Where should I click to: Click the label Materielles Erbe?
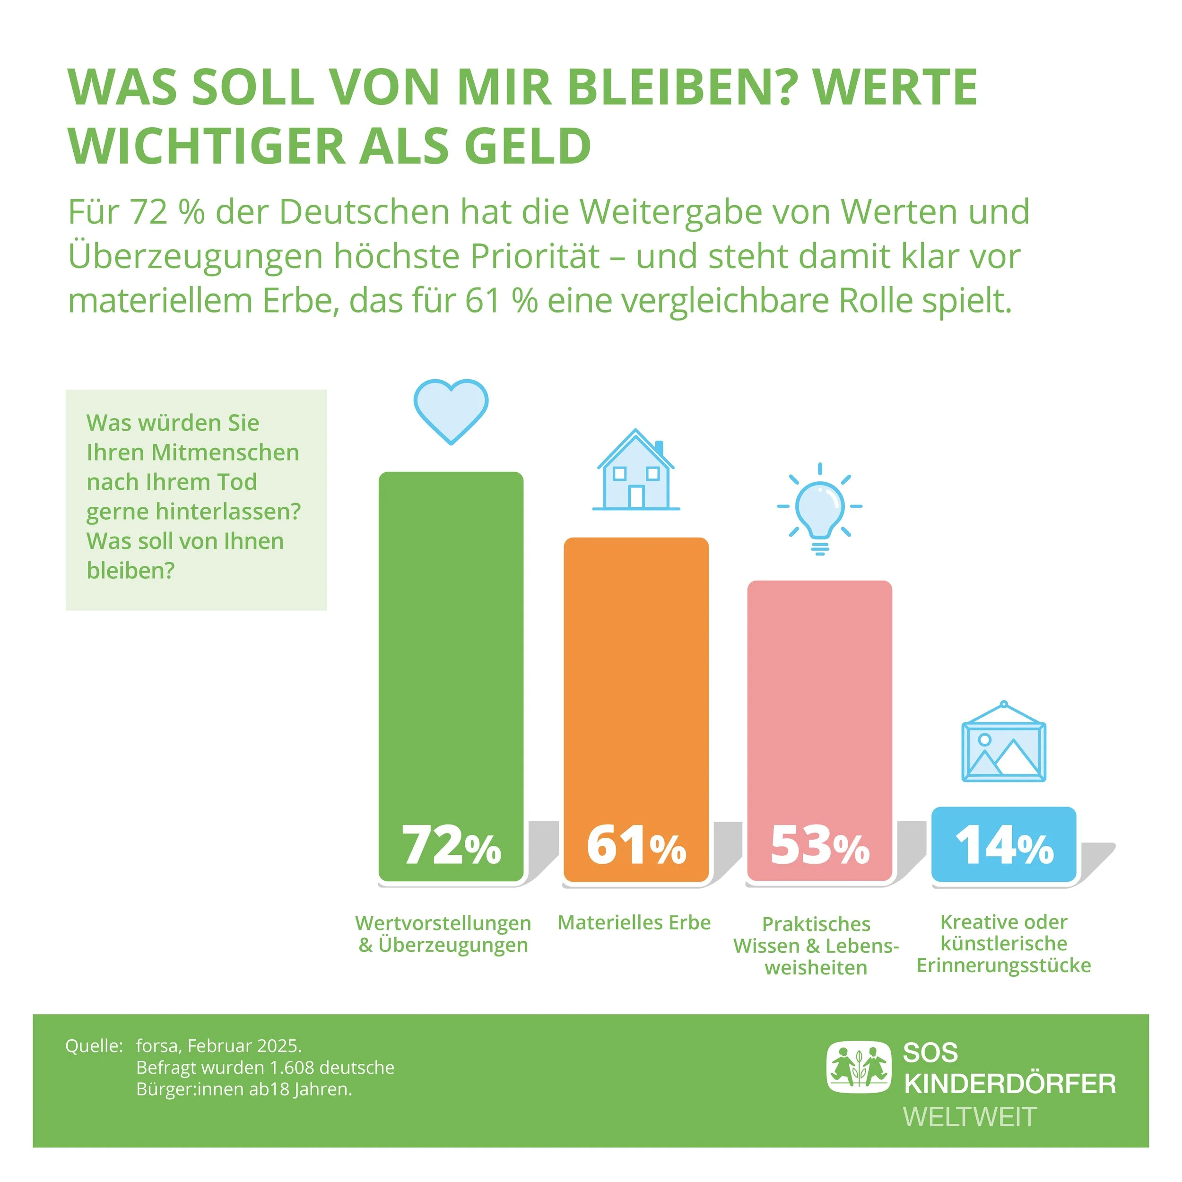(x=634, y=922)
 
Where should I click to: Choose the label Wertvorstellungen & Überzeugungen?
(x=443, y=934)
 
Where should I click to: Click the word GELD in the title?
(x=527, y=147)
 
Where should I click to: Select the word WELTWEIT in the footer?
(x=970, y=1117)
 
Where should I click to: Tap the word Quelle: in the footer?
(x=94, y=1045)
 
